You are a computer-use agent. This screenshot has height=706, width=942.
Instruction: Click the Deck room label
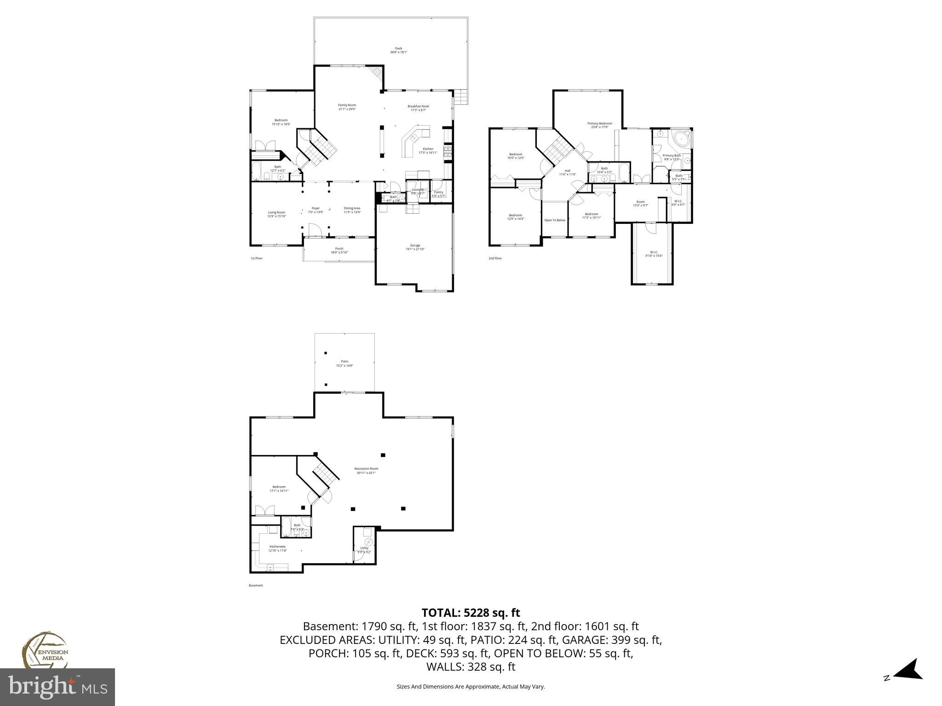tap(398, 50)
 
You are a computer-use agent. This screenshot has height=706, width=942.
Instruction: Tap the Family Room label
tap(347, 107)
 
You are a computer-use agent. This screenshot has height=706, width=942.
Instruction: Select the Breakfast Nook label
tap(418, 108)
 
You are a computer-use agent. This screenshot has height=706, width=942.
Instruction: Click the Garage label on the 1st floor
tap(415, 247)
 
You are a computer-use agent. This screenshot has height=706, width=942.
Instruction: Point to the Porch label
tap(339, 251)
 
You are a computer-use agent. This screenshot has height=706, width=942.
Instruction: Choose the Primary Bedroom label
tap(599, 125)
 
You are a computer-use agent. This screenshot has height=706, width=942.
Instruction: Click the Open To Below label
tap(555, 220)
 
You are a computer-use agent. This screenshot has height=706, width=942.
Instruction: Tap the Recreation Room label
tap(366, 471)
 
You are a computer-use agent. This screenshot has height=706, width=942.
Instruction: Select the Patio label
tap(345, 364)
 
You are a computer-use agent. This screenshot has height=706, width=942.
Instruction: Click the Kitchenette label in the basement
tap(277, 548)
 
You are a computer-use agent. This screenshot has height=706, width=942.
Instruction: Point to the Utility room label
tap(364, 550)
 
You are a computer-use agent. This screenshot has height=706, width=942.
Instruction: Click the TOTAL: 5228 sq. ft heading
tap(471, 613)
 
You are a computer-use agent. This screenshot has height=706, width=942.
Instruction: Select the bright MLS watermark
tap(57, 687)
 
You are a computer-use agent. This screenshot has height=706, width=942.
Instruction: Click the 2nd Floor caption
tap(495, 258)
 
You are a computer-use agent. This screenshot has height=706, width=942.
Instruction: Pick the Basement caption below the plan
tap(256, 586)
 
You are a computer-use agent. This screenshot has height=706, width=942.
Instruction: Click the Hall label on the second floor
tap(567, 172)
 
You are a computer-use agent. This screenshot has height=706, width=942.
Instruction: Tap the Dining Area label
tap(352, 210)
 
